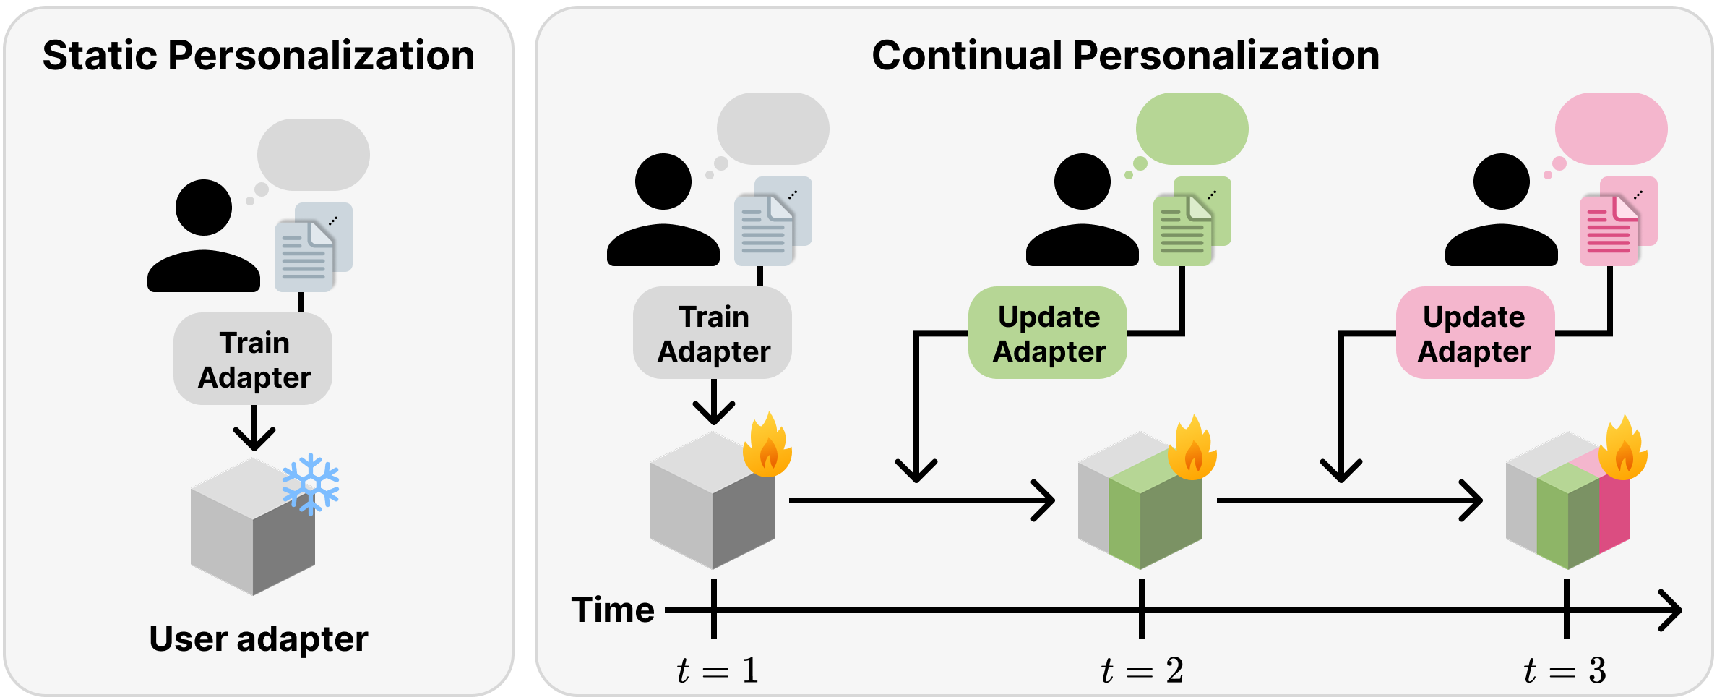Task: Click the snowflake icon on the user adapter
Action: tap(311, 485)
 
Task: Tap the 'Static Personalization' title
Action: tap(258, 56)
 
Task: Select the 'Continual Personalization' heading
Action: tap(1125, 56)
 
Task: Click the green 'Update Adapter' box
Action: tap(1048, 333)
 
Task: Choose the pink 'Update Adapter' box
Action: tap(1474, 333)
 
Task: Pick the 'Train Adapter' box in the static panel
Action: tap(254, 359)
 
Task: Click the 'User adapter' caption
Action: tap(258, 639)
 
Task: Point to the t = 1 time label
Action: tap(717, 670)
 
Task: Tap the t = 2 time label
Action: tap(1142, 670)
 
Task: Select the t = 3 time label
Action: tap(1565, 670)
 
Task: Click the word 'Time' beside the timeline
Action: tap(613, 610)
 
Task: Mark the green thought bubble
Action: tap(1192, 129)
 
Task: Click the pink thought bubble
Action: tap(1611, 129)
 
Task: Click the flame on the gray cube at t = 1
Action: tap(768, 447)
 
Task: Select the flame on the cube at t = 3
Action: tap(1623, 449)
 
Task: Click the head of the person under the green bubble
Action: tap(1082, 182)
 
